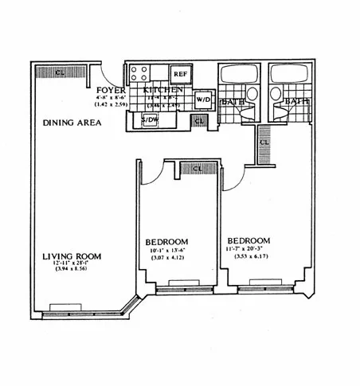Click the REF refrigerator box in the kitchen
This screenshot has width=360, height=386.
point(180,74)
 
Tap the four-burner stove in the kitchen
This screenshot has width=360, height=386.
point(138,74)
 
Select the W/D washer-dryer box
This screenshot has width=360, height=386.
point(202,100)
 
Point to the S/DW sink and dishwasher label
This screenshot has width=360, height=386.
point(150,120)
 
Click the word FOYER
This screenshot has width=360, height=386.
point(108,91)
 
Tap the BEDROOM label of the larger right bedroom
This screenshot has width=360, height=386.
point(248,240)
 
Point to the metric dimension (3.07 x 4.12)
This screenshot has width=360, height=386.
point(166,259)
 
